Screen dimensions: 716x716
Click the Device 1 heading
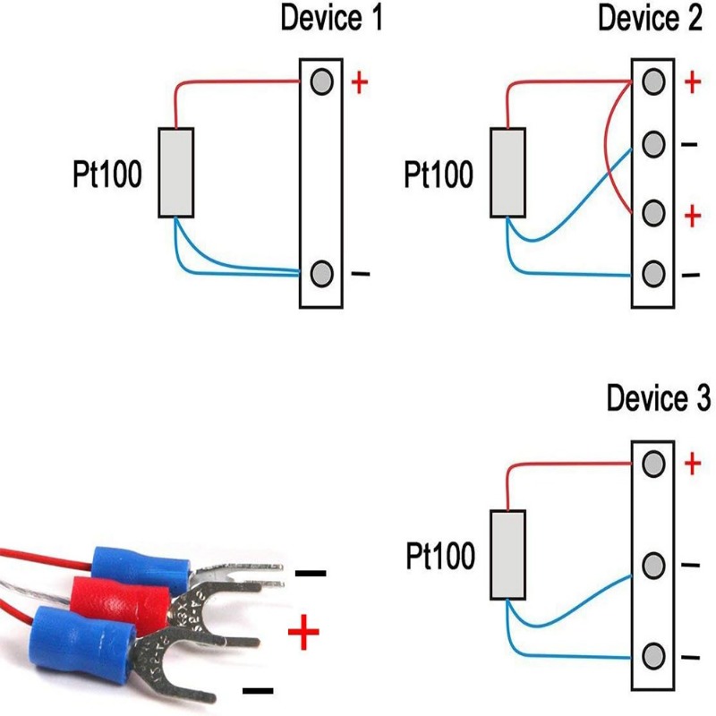pos(332,18)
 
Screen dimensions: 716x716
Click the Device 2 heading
pos(650,18)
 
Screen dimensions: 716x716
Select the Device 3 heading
pos(659,399)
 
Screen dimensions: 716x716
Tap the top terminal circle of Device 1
pos(322,82)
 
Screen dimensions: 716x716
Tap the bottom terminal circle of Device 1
pos(322,273)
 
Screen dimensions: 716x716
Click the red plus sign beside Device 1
pos(360,83)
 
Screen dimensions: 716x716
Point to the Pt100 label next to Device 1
pos(107,175)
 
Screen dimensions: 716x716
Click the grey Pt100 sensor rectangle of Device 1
pos(176,172)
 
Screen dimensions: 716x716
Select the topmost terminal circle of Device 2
pos(654,82)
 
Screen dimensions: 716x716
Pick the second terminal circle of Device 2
pos(654,144)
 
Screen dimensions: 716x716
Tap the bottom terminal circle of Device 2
pos(654,273)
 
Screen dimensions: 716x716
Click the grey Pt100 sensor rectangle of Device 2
pos(507,172)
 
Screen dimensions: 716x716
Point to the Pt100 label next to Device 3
pos(440,557)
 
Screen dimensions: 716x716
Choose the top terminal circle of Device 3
pos(654,464)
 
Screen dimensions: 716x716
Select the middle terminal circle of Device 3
pos(654,566)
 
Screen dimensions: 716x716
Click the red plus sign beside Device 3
pos(691,464)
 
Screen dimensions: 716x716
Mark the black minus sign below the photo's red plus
pos(258,690)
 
